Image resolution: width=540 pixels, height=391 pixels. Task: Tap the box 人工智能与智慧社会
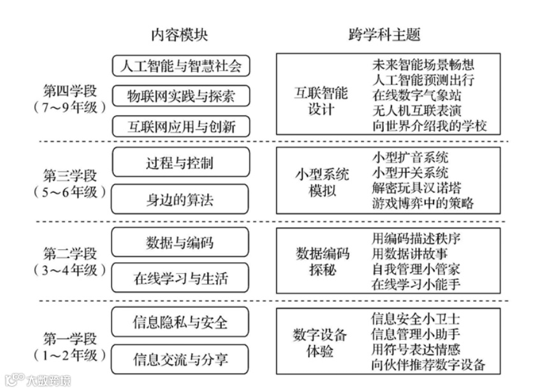pos(180,66)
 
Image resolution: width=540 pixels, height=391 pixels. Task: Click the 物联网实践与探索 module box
pos(180,96)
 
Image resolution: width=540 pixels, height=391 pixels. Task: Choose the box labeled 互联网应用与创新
pos(180,126)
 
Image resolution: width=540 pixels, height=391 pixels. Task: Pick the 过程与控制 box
pos(180,163)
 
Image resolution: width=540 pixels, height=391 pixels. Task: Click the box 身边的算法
pos(180,200)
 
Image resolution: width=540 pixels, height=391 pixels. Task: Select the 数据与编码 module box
pos(180,242)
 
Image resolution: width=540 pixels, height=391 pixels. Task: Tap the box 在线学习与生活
pos(180,279)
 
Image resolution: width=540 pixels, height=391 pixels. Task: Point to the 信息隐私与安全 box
pos(180,322)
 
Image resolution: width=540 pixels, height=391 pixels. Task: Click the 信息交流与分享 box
pos(180,358)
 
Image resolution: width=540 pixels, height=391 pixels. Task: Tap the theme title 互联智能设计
pos(321,101)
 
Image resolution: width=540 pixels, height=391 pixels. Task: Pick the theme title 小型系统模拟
pos(321,182)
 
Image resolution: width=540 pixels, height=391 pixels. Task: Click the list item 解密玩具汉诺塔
pos(416,188)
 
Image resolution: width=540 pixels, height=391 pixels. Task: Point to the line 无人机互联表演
pos(416,110)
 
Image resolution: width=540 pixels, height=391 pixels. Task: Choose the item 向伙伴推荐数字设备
pos(428,365)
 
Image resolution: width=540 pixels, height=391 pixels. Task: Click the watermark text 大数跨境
pos(47,381)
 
